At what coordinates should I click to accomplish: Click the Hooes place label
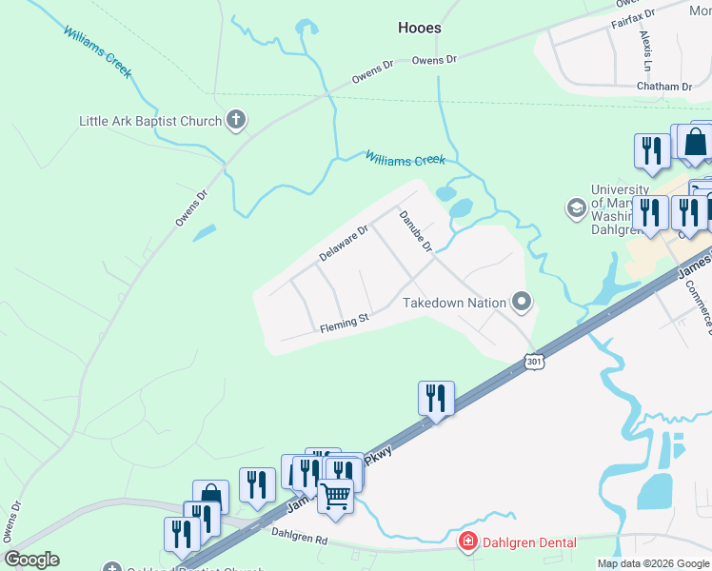coord(419,29)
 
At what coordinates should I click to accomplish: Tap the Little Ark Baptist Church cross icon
coord(236,121)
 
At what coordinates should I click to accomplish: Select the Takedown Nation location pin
coord(522,303)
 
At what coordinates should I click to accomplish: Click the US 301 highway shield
coord(534,362)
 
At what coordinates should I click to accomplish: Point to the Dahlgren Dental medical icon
coord(467,543)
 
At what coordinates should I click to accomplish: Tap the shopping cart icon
coord(335,496)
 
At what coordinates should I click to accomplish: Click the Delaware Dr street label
coord(344,244)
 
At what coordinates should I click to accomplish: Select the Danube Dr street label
coord(415,231)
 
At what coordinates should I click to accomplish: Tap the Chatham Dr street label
coord(666,87)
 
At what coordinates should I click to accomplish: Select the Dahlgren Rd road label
coord(299,538)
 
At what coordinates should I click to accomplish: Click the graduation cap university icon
coord(576,207)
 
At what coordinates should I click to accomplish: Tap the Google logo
coord(31,561)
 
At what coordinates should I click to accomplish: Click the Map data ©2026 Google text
coord(653,563)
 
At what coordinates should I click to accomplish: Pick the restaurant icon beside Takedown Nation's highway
coord(436,398)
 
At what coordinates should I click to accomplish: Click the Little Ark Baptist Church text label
coord(150,121)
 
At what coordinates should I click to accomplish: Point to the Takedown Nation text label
coord(454,303)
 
